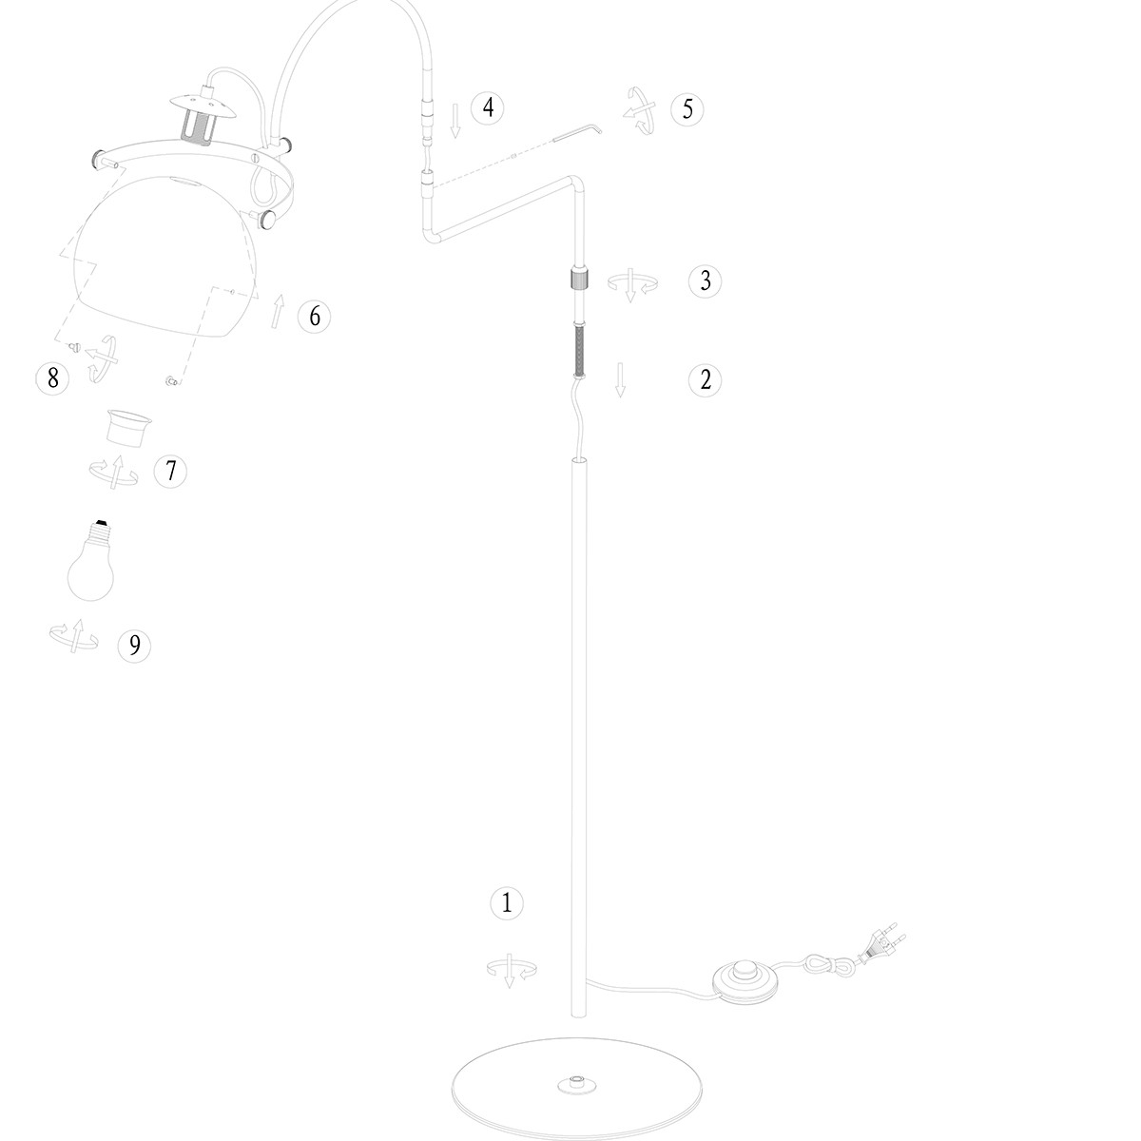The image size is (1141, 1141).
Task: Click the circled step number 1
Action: pos(507,903)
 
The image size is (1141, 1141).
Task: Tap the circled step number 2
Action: pos(706,379)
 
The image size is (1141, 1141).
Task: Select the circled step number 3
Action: pos(706,280)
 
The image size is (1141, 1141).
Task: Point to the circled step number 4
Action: pos(488,108)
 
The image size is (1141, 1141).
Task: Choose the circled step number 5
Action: pos(687,109)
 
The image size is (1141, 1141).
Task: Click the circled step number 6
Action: pos(315,316)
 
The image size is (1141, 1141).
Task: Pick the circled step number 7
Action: pos(170,471)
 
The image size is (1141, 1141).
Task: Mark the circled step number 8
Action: pos(52,377)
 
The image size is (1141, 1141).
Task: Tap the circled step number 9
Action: pos(134,645)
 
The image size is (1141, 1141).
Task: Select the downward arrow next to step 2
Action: pos(620,380)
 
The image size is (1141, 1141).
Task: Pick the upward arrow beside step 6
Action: pos(278,311)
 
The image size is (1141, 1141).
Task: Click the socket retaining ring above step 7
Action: pos(128,428)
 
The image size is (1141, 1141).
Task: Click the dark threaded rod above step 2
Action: pos(580,350)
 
